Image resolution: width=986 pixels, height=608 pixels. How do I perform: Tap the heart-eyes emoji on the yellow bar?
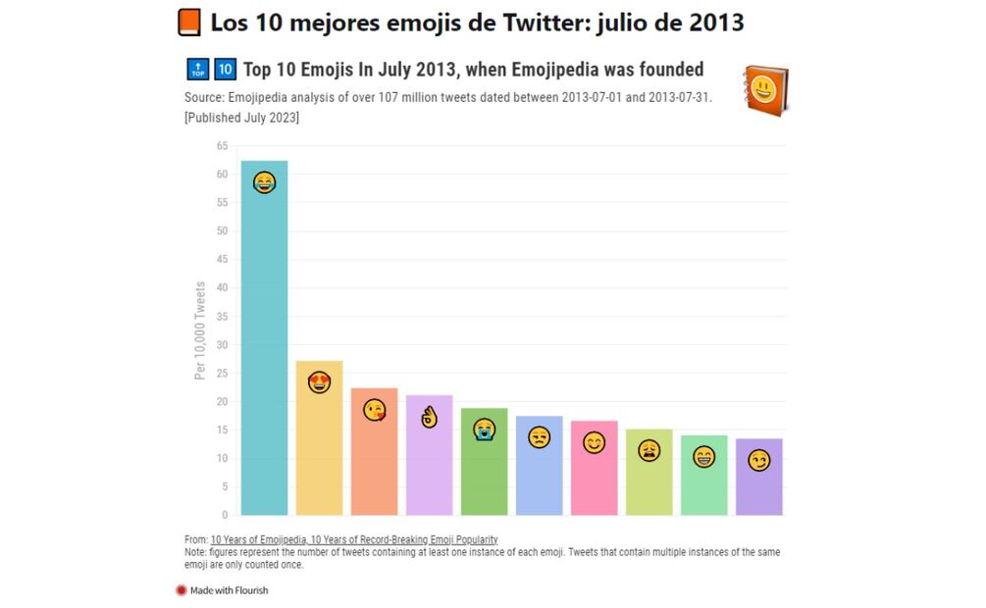point(319,382)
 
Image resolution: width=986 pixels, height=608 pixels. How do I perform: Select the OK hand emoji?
point(429,418)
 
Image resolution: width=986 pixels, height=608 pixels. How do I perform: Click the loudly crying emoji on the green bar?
point(484,429)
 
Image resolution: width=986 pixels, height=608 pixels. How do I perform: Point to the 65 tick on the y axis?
point(222,146)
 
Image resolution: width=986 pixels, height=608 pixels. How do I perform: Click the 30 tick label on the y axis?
point(222,345)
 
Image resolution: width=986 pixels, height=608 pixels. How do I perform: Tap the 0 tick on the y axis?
point(224,515)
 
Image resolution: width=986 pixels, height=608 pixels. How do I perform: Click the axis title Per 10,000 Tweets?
point(200,330)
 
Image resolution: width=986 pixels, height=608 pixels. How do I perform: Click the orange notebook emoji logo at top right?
point(765,92)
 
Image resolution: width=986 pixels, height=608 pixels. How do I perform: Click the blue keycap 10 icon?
point(225,70)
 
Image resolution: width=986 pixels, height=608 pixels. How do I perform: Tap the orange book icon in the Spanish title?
point(189,22)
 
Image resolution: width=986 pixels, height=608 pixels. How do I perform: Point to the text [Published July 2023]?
point(241,118)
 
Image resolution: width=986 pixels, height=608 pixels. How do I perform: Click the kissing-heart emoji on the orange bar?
point(374,410)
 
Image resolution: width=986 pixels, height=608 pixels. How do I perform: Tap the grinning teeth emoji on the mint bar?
point(703,456)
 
